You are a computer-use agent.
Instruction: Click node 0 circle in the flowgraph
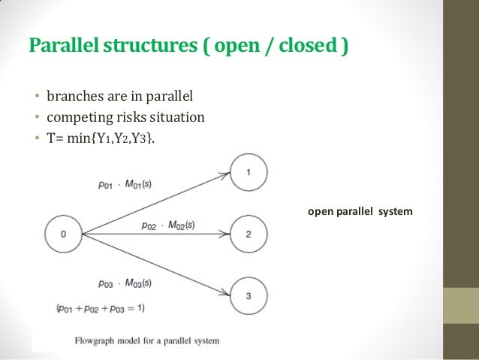(x=63, y=233)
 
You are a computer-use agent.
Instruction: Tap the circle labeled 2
(x=248, y=234)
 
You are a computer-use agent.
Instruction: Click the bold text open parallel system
(x=360, y=211)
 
